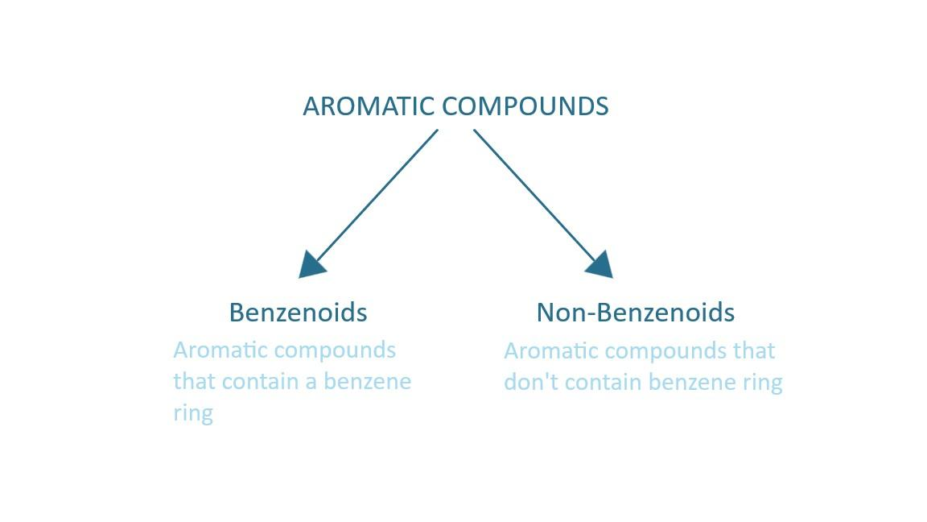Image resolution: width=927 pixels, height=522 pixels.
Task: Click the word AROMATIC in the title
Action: point(369,106)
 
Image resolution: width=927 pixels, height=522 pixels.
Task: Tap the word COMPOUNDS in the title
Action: point(525,106)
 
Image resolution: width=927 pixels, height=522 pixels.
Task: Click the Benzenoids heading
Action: point(298,313)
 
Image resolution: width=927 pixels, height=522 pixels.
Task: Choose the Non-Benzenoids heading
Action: point(636,313)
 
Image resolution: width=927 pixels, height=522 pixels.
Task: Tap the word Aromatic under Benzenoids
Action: point(212,350)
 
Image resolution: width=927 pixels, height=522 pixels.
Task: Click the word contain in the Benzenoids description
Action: point(261,382)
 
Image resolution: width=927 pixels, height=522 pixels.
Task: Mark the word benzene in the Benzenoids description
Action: point(367,382)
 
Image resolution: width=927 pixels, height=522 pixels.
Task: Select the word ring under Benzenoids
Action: point(193,414)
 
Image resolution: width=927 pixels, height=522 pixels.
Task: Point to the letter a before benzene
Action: point(311,383)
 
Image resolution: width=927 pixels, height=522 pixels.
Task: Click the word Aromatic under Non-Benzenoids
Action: point(543,351)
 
